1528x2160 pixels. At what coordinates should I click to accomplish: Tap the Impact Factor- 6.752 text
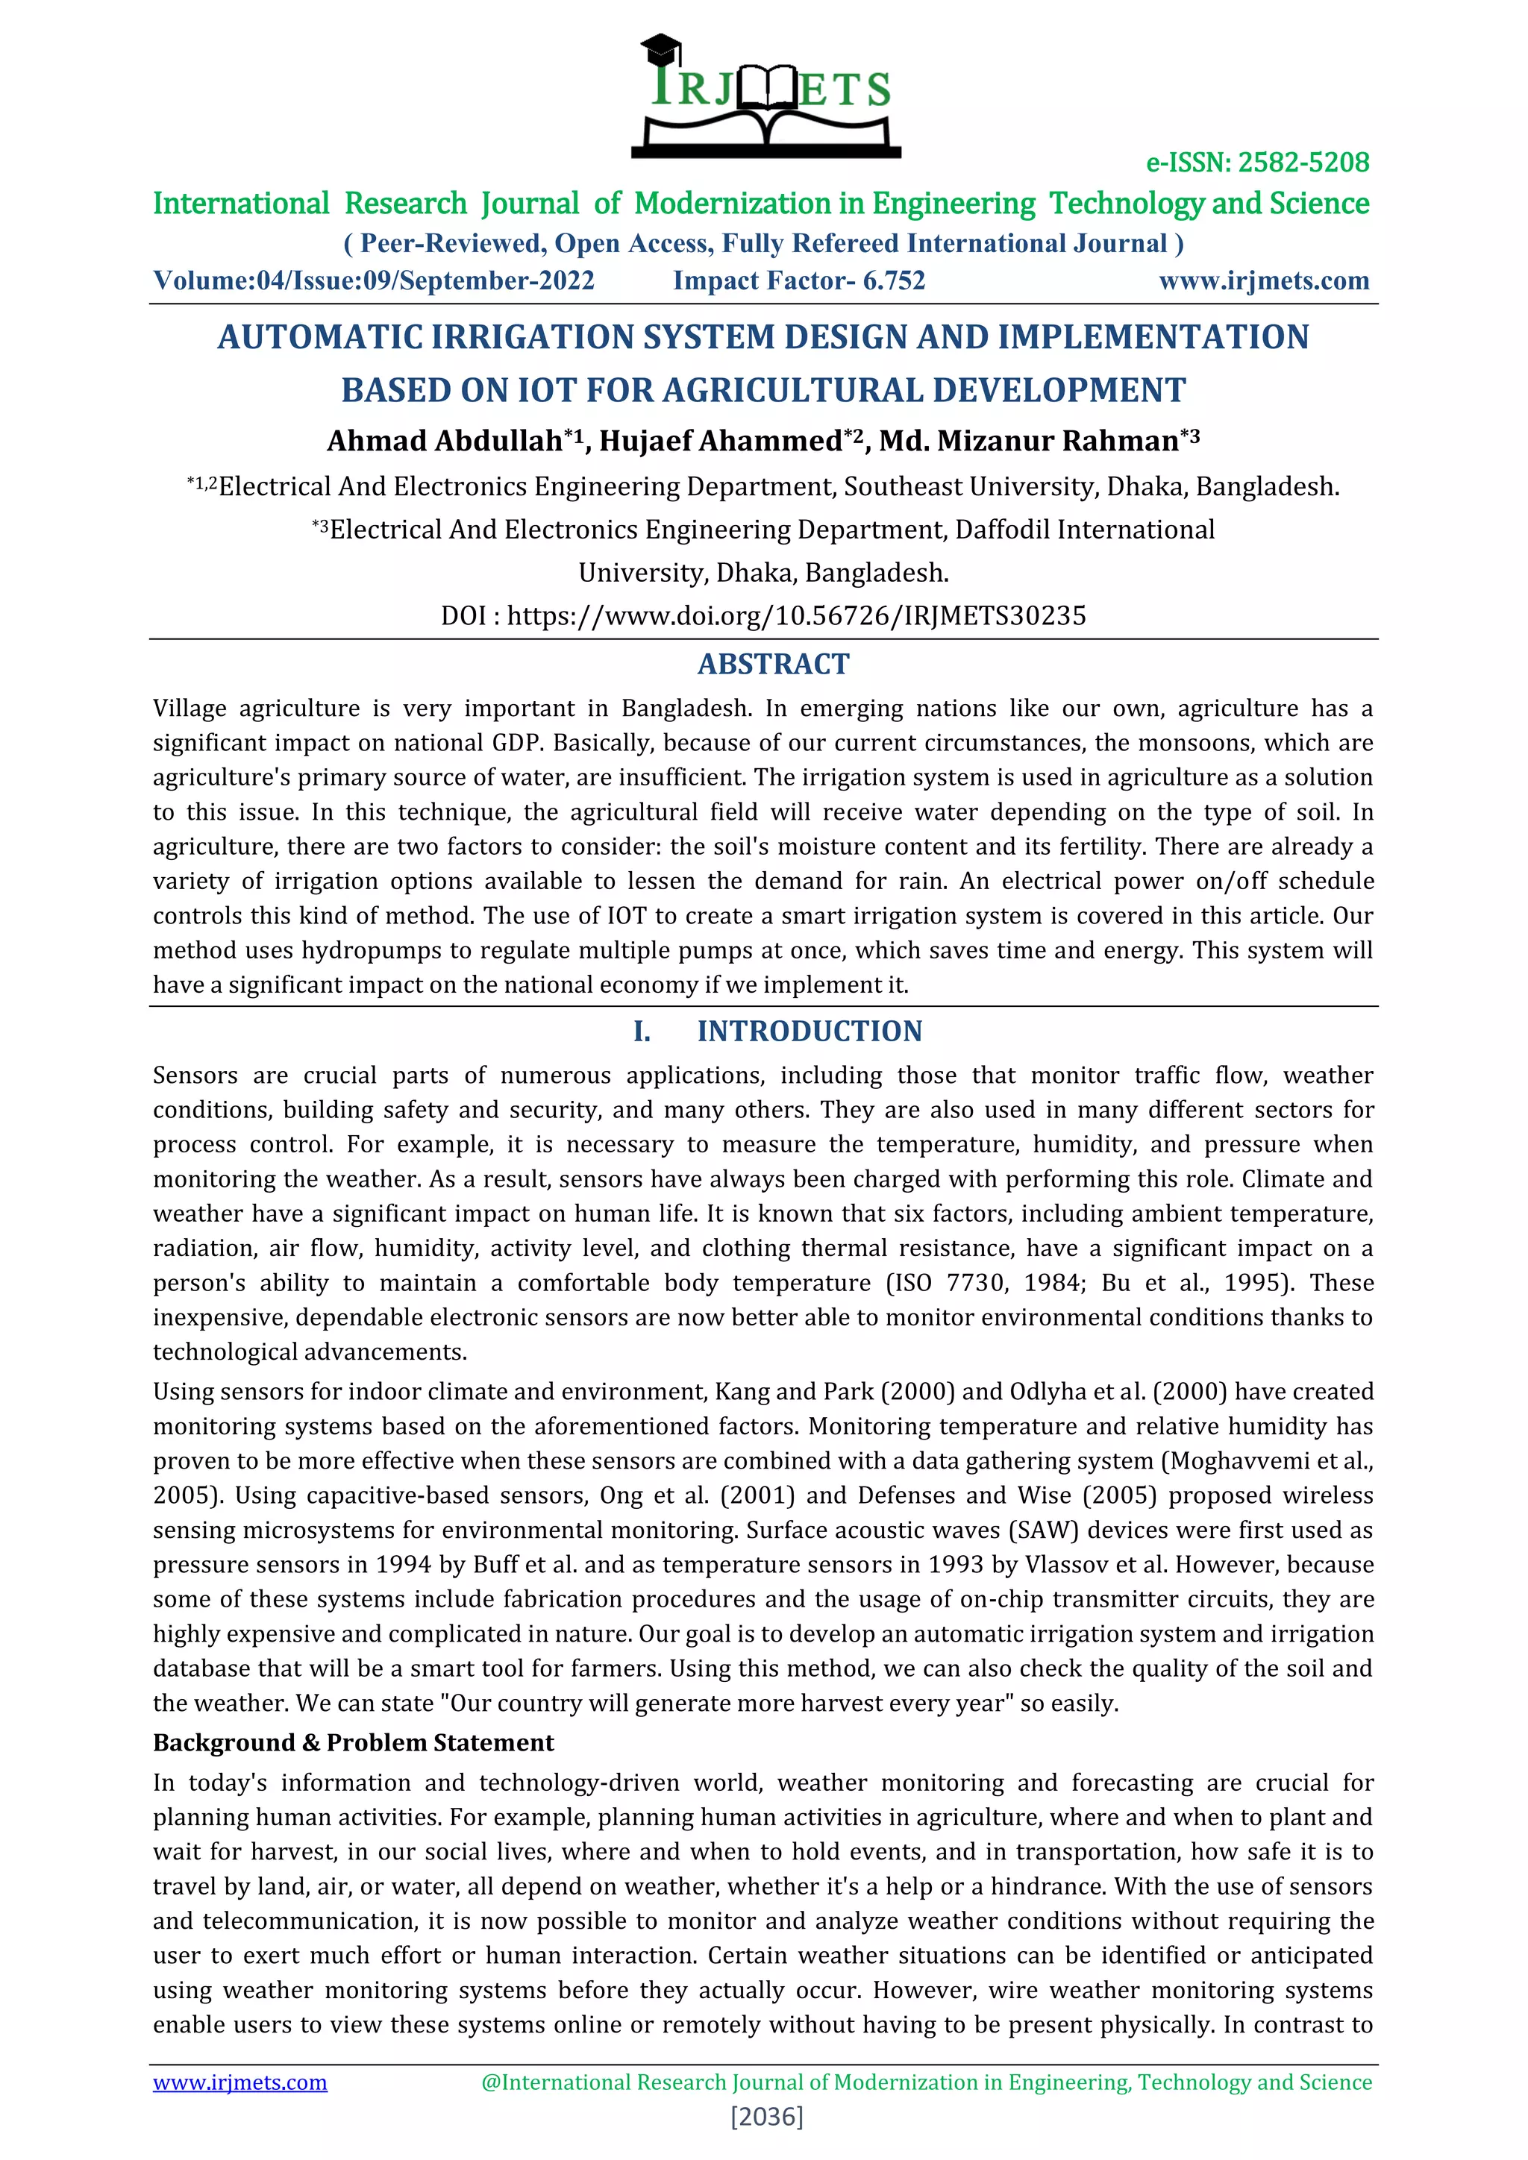click(799, 281)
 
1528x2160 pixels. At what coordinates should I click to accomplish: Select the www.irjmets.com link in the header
click(1264, 281)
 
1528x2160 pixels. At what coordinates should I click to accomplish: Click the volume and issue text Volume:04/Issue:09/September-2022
click(374, 281)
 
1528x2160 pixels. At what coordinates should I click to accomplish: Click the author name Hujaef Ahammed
click(721, 442)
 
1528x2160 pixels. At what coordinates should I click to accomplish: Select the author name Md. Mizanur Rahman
click(1028, 442)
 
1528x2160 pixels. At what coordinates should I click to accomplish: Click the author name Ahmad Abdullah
click(444, 442)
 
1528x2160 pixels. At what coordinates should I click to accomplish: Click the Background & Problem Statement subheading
click(353, 1742)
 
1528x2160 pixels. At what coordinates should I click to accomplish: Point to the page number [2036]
click(767, 2117)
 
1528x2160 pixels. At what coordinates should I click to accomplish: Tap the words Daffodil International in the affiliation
click(1084, 530)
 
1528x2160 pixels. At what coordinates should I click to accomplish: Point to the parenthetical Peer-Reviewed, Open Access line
click(763, 244)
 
